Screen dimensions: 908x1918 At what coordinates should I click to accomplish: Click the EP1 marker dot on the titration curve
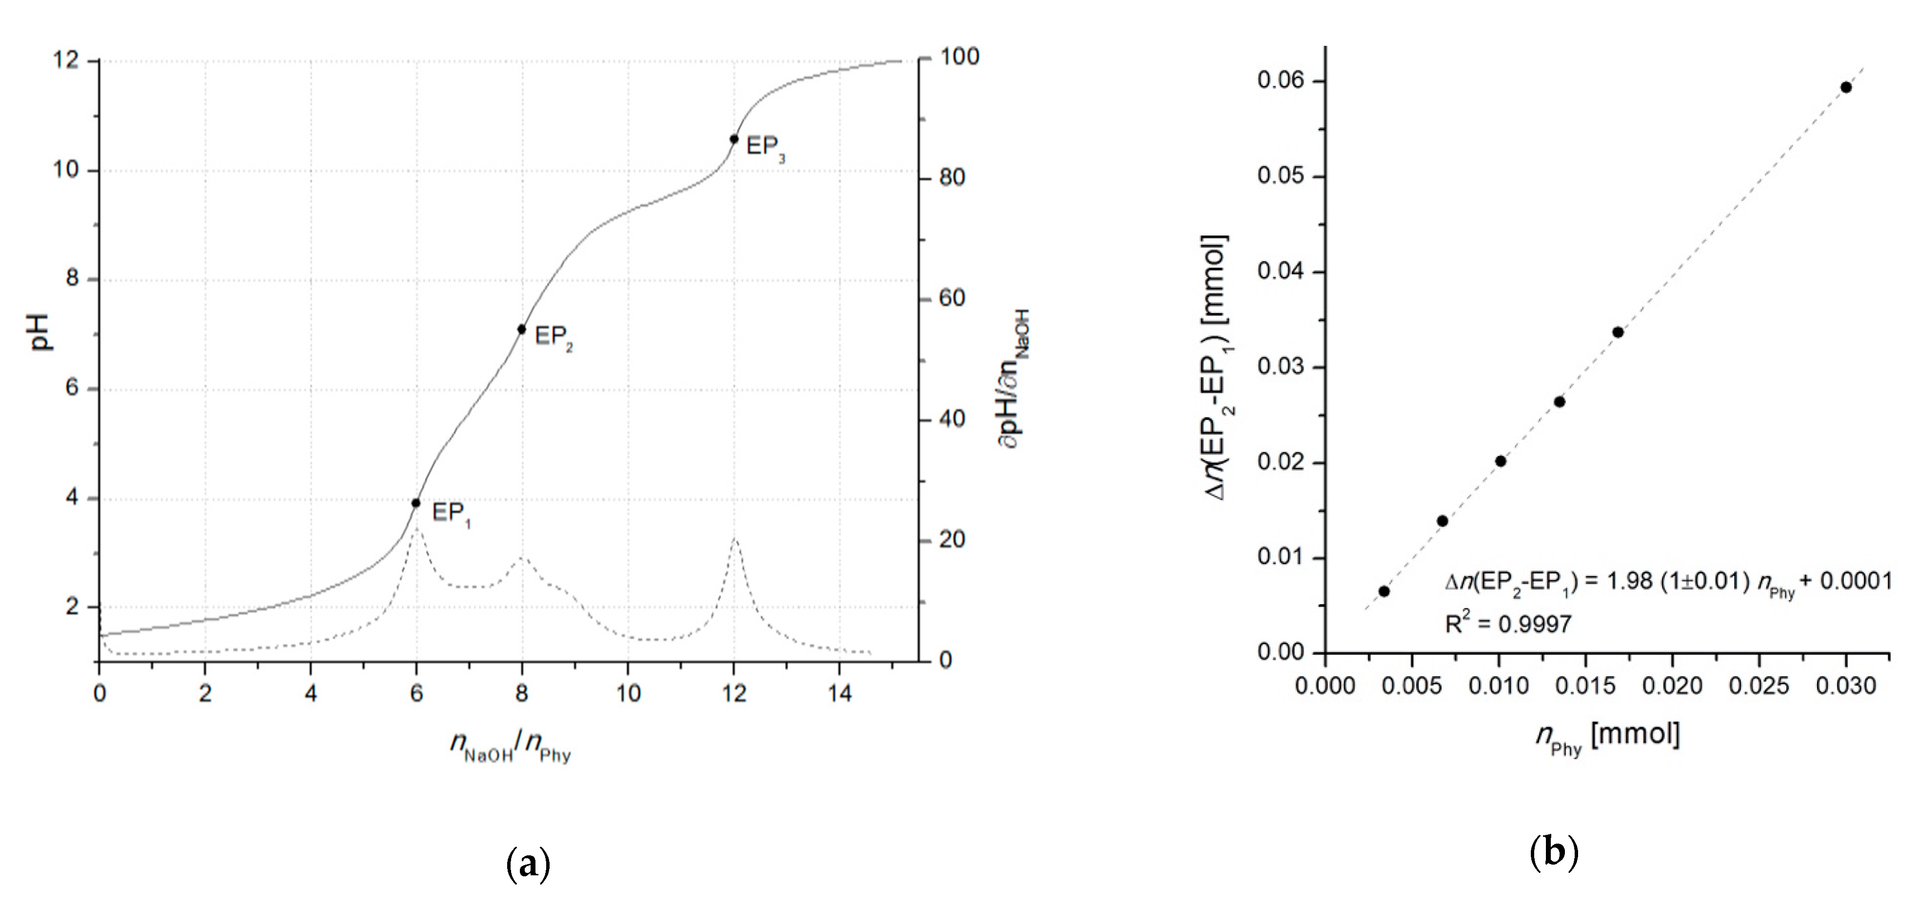[416, 503]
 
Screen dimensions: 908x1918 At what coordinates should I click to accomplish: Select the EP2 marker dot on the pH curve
[522, 329]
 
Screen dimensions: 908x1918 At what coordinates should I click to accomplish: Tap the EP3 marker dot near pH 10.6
[734, 139]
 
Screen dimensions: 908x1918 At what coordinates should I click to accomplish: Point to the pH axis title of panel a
[41, 332]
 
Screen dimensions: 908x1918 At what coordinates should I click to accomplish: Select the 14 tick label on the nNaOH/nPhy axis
[840, 693]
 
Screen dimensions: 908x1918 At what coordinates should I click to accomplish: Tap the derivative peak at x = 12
[735, 538]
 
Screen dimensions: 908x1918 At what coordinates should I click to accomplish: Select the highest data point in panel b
[1846, 87]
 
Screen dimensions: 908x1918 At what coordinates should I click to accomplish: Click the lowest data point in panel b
[1384, 591]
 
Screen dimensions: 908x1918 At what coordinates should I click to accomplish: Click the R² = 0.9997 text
[1508, 624]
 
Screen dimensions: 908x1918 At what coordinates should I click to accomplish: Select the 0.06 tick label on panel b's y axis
[1281, 80]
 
